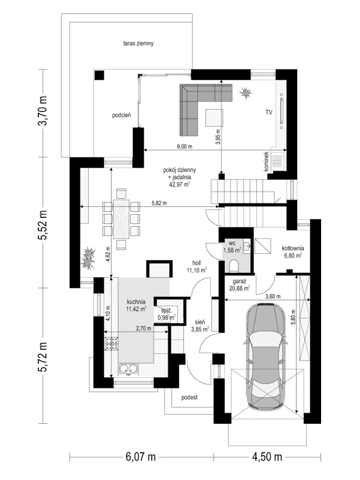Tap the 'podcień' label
[122, 116]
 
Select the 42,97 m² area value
[180, 185]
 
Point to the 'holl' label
[196, 263]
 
